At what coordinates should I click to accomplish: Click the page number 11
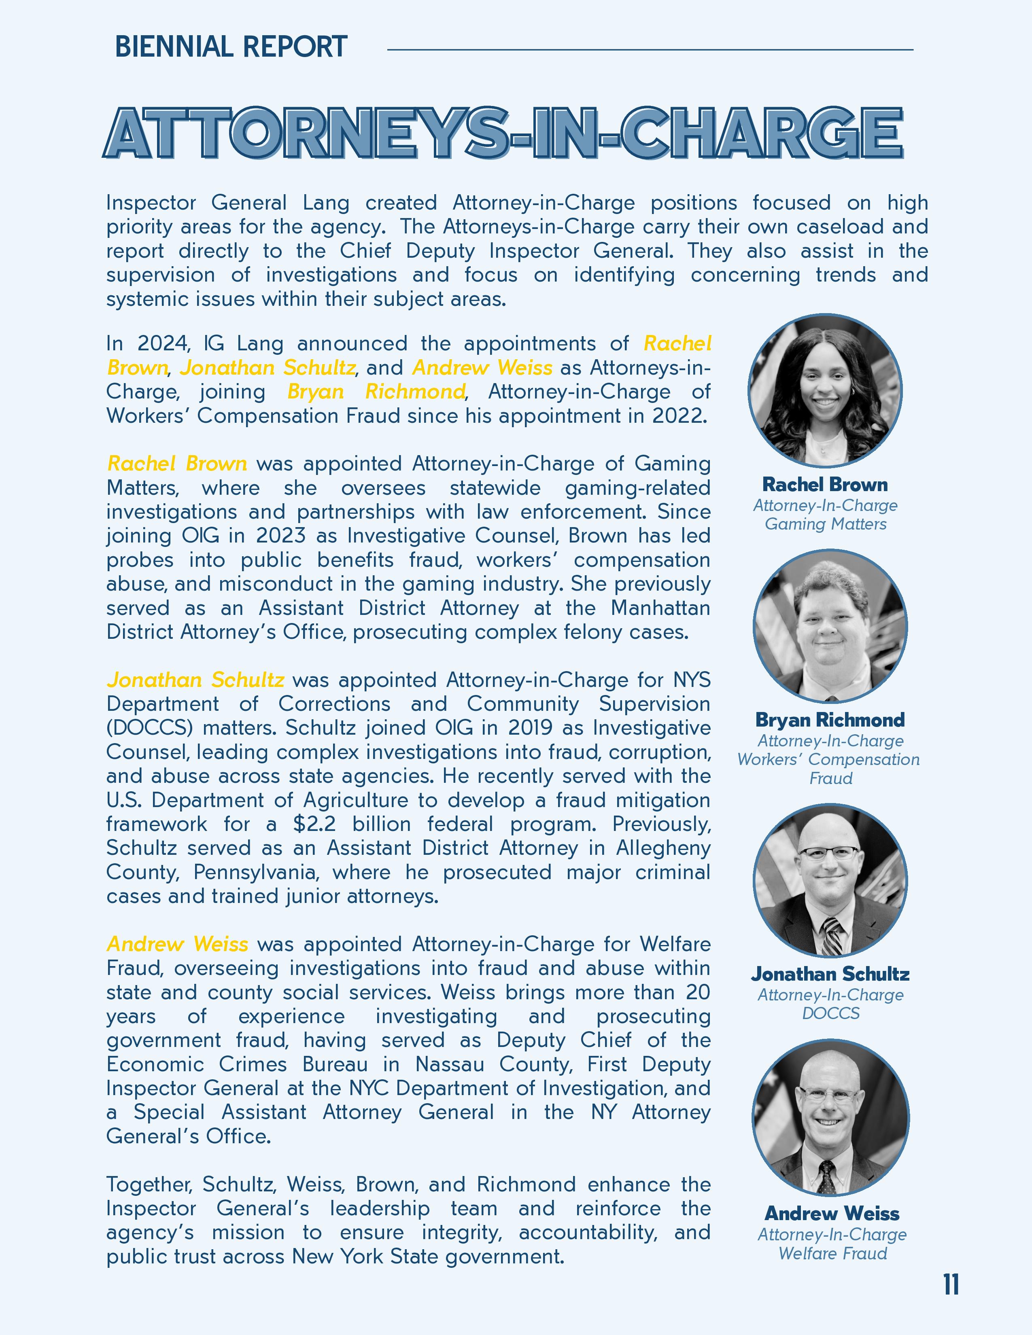tap(951, 1284)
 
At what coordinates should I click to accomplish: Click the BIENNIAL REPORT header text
tap(231, 47)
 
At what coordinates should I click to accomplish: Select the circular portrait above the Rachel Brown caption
tap(825, 391)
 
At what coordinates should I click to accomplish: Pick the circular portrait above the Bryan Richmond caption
tap(830, 627)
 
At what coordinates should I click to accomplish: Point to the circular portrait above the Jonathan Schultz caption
tap(830, 881)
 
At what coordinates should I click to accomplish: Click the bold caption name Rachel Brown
tap(825, 485)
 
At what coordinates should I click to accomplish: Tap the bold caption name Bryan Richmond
tap(830, 720)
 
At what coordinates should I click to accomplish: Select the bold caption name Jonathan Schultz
tap(830, 974)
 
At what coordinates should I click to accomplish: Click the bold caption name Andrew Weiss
tap(832, 1213)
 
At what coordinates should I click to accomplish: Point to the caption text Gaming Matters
tap(825, 524)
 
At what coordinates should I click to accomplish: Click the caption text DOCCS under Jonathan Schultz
tap(830, 1013)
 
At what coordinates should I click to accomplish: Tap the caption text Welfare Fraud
tap(832, 1254)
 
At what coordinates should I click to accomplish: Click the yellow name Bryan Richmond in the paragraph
tap(376, 391)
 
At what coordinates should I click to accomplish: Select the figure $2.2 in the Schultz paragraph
tap(314, 824)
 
